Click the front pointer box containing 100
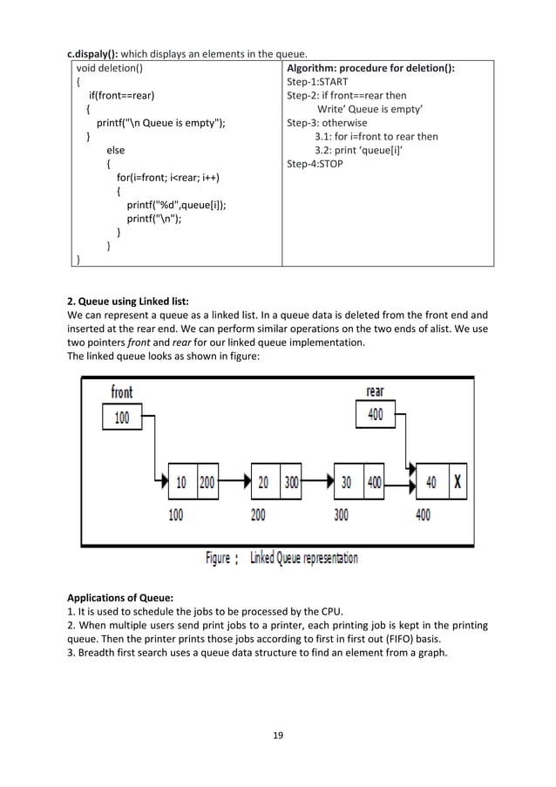(122, 418)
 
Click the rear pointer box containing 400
(375, 415)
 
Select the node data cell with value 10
(181, 481)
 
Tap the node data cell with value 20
(264, 481)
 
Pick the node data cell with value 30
(347, 481)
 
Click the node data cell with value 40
(431, 481)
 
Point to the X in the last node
(458, 481)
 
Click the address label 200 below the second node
(258, 515)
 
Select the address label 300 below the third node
(341, 515)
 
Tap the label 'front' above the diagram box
(122, 393)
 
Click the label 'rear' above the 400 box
(375, 392)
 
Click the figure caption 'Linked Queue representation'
(303, 558)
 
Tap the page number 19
(278, 735)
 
